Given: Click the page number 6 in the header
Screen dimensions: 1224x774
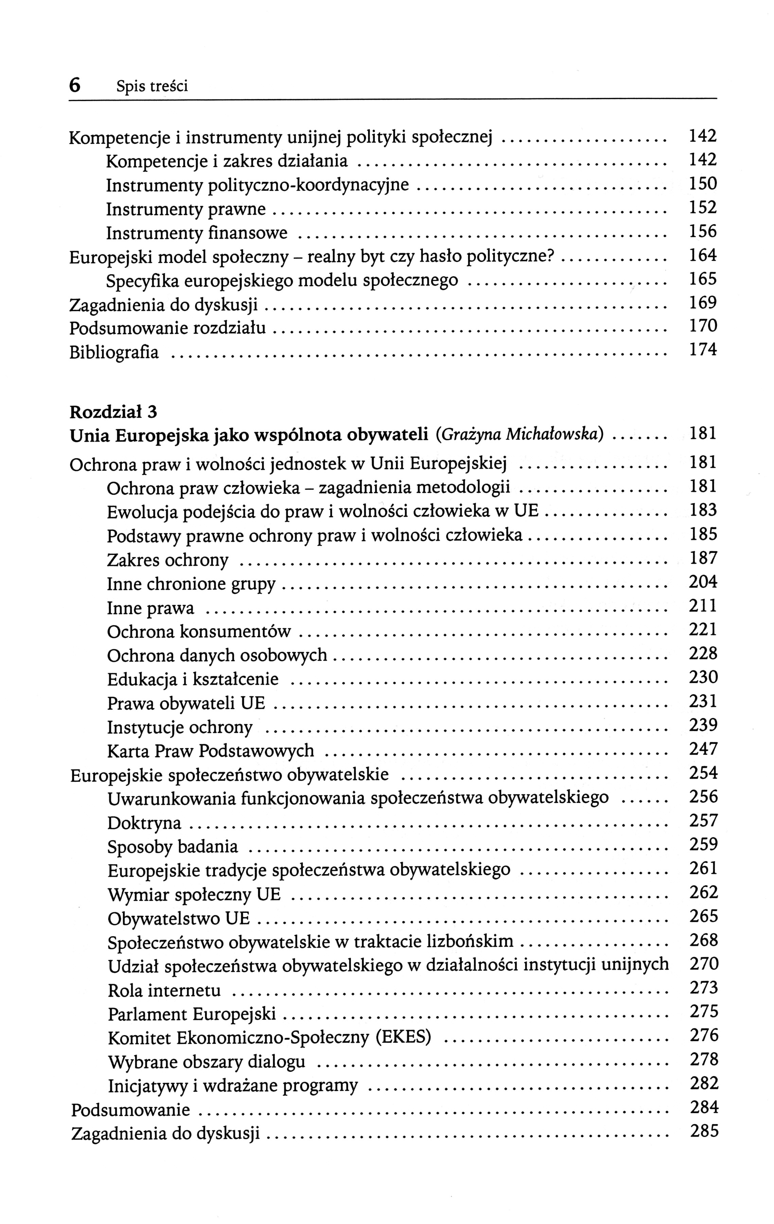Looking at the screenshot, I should point(75,86).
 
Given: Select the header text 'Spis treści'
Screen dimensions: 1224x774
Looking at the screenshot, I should point(152,87).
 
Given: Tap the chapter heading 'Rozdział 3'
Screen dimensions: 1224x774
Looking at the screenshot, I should point(113,411).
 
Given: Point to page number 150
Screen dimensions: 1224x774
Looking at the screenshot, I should point(702,183).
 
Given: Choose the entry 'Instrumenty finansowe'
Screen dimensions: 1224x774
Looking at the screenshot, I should point(196,233).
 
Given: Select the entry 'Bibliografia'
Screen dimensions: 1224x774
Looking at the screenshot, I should point(114,352).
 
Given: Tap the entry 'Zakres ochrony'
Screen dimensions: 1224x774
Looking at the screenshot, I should point(168,560).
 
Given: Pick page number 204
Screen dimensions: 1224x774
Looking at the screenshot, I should point(703,582).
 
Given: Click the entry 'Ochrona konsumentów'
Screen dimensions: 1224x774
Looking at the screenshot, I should point(199,632).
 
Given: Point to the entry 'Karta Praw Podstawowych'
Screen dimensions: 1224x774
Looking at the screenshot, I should point(211,751).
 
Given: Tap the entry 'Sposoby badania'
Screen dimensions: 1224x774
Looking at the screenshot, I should point(173,847).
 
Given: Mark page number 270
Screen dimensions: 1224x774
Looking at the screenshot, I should point(704,964).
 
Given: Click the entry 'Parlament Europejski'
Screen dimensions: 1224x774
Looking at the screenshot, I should point(192,1015).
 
